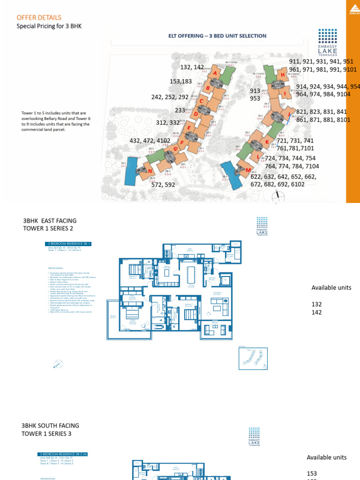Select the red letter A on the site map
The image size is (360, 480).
point(215,74)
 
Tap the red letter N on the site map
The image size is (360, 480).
point(150,172)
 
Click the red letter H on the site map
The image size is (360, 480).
point(283,75)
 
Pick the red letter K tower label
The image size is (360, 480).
point(267,142)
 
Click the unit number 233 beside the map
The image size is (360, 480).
point(180,111)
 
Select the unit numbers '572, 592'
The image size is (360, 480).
point(163,185)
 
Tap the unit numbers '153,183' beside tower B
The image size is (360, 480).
point(181,82)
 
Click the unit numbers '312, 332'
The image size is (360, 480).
point(168,123)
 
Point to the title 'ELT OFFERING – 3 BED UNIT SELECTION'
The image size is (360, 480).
point(217,36)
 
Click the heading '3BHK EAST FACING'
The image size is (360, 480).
point(50,221)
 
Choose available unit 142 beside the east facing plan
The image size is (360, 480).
point(317,312)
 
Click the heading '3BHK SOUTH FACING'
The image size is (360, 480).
point(50,426)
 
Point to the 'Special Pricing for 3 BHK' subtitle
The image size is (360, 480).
point(49,26)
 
